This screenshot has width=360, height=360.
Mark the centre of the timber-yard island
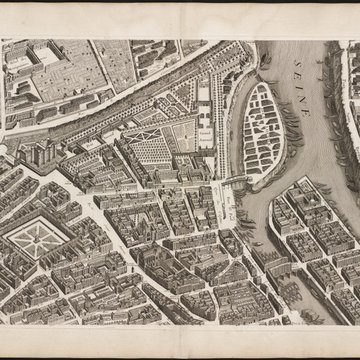pyautogui.click(x=263, y=122)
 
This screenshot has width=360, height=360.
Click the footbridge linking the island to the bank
pyautogui.click(x=232, y=180)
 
